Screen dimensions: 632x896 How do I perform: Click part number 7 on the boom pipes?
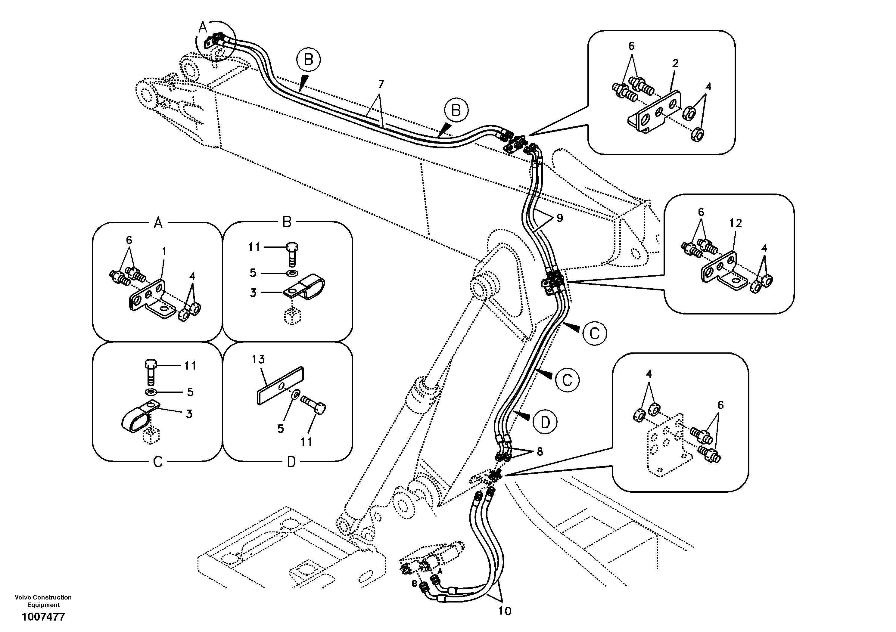tap(381, 84)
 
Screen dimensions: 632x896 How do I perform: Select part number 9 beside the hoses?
tap(560, 218)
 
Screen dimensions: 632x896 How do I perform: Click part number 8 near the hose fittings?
tap(540, 451)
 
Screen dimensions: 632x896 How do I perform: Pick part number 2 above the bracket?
tap(675, 63)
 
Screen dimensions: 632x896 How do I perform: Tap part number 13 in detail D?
tap(258, 359)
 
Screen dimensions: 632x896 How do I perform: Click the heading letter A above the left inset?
tap(158, 223)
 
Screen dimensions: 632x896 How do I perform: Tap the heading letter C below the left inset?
tap(158, 462)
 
